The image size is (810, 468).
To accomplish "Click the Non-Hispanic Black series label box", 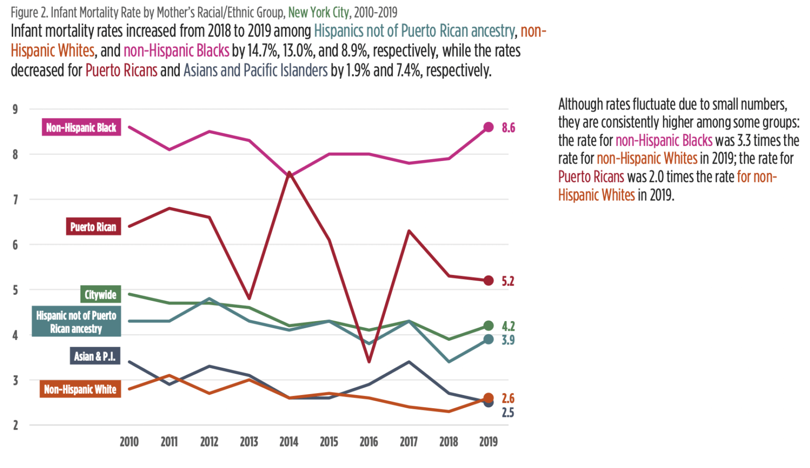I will point(81,127).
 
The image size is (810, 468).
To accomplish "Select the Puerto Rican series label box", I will point(93,226).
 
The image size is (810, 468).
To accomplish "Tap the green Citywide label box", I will point(100,294).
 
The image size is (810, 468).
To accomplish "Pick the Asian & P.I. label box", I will point(95,356).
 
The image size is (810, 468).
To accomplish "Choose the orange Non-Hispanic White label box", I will point(80,389).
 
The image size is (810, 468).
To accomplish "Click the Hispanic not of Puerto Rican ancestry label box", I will point(76,322).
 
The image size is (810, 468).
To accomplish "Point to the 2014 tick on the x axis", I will point(289,442).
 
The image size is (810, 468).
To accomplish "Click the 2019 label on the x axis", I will point(488,442).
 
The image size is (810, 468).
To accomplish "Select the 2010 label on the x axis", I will point(129,442).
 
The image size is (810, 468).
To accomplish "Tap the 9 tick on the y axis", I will point(15,109).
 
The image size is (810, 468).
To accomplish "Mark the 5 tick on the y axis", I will point(15,290).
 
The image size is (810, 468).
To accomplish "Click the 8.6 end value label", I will point(508,128).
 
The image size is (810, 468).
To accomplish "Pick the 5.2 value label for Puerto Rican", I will point(508,281).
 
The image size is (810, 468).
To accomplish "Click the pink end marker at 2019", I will point(488,127).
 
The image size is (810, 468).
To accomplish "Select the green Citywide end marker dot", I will point(488,326).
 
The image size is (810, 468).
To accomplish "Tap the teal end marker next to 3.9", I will point(488,339).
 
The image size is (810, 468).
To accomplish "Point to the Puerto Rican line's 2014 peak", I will point(289,173).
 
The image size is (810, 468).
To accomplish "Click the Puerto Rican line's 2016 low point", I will point(369,362).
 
